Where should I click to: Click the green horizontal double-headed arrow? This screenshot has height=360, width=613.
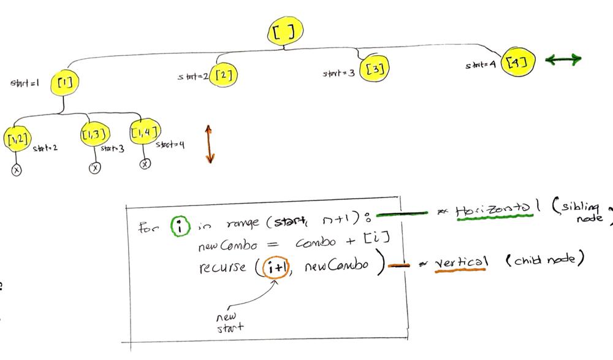pos(563,59)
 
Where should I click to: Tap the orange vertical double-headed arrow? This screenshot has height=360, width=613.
pos(209,144)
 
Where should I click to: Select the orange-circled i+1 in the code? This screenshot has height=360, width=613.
pos(274,268)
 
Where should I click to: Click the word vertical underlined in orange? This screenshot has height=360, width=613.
pos(461,262)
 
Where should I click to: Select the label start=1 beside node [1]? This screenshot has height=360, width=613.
pos(25,83)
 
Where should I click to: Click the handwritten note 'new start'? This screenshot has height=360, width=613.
pos(229,323)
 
